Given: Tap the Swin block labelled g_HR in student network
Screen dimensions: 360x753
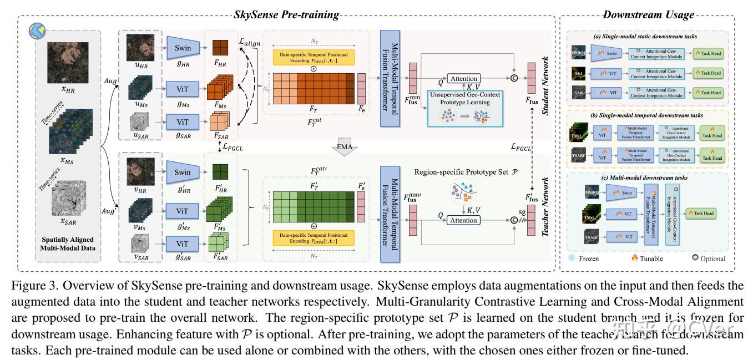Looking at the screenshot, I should tap(183, 48).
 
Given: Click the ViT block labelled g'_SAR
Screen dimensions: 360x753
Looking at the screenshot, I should tap(183, 244).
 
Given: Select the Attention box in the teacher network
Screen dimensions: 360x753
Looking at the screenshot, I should tap(463, 220).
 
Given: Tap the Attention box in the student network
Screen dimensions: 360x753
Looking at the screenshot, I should tap(463, 79).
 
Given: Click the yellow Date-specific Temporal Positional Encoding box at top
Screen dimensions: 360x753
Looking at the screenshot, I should tap(314, 58).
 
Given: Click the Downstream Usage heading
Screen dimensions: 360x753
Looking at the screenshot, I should tap(647, 15).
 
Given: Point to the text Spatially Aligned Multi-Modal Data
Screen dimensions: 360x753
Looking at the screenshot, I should tap(68, 244).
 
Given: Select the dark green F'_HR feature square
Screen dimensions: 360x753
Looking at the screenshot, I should tap(221, 169).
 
